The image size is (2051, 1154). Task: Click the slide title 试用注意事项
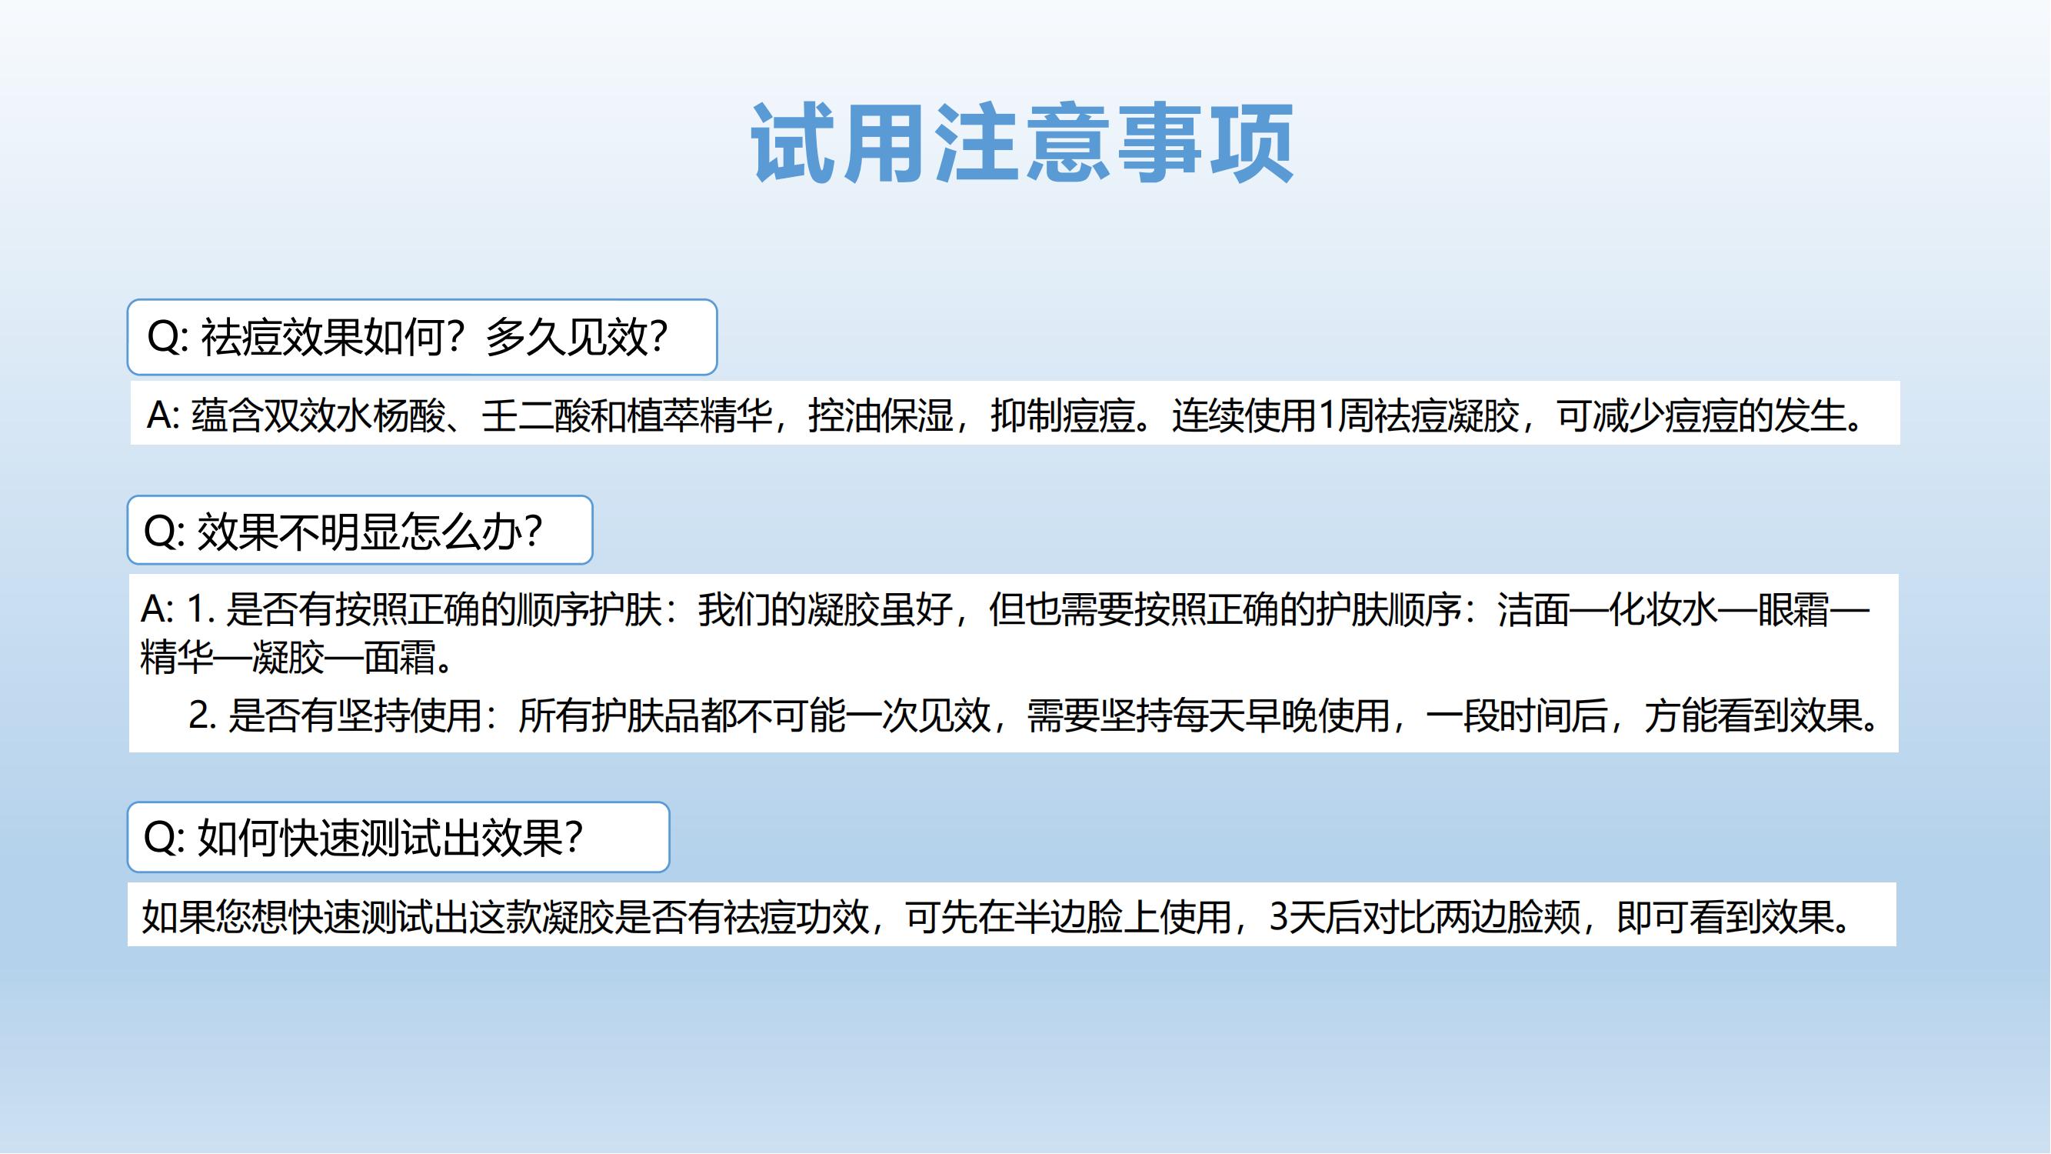tap(1022, 144)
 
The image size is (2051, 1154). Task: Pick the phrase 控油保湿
tap(881, 415)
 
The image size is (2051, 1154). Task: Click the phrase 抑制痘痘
tap(1063, 415)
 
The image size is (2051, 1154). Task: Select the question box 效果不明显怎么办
tap(360, 530)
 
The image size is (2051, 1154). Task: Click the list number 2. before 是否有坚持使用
tap(202, 715)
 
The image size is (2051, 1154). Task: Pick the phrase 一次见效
tap(918, 715)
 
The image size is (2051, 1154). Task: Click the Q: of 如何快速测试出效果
tap(164, 838)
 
